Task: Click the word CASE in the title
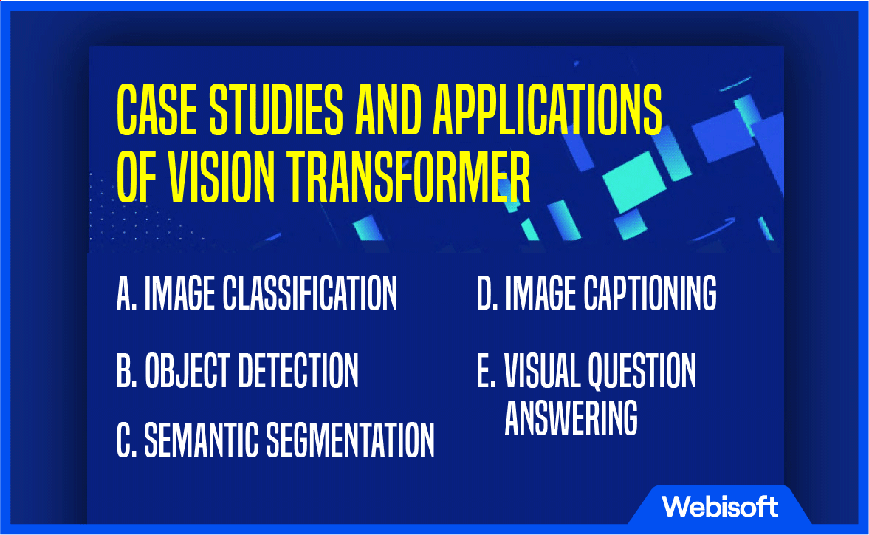pyautogui.click(x=157, y=110)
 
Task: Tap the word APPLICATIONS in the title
pyautogui.click(x=548, y=110)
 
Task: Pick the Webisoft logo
pyautogui.click(x=720, y=507)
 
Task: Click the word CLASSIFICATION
pyautogui.click(x=310, y=293)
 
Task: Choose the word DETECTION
pyautogui.click(x=298, y=370)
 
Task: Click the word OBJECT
pyautogui.click(x=188, y=370)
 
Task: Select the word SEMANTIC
pyautogui.click(x=201, y=440)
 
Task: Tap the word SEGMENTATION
pyautogui.click(x=350, y=440)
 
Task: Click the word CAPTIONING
pyautogui.click(x=650, y=293)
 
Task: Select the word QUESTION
pyautogui.click(x=641, y=370)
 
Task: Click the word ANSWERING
pyautogui.click(x=571, y=417)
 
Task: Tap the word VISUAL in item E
pyautogui.click(x=541, y=370)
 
